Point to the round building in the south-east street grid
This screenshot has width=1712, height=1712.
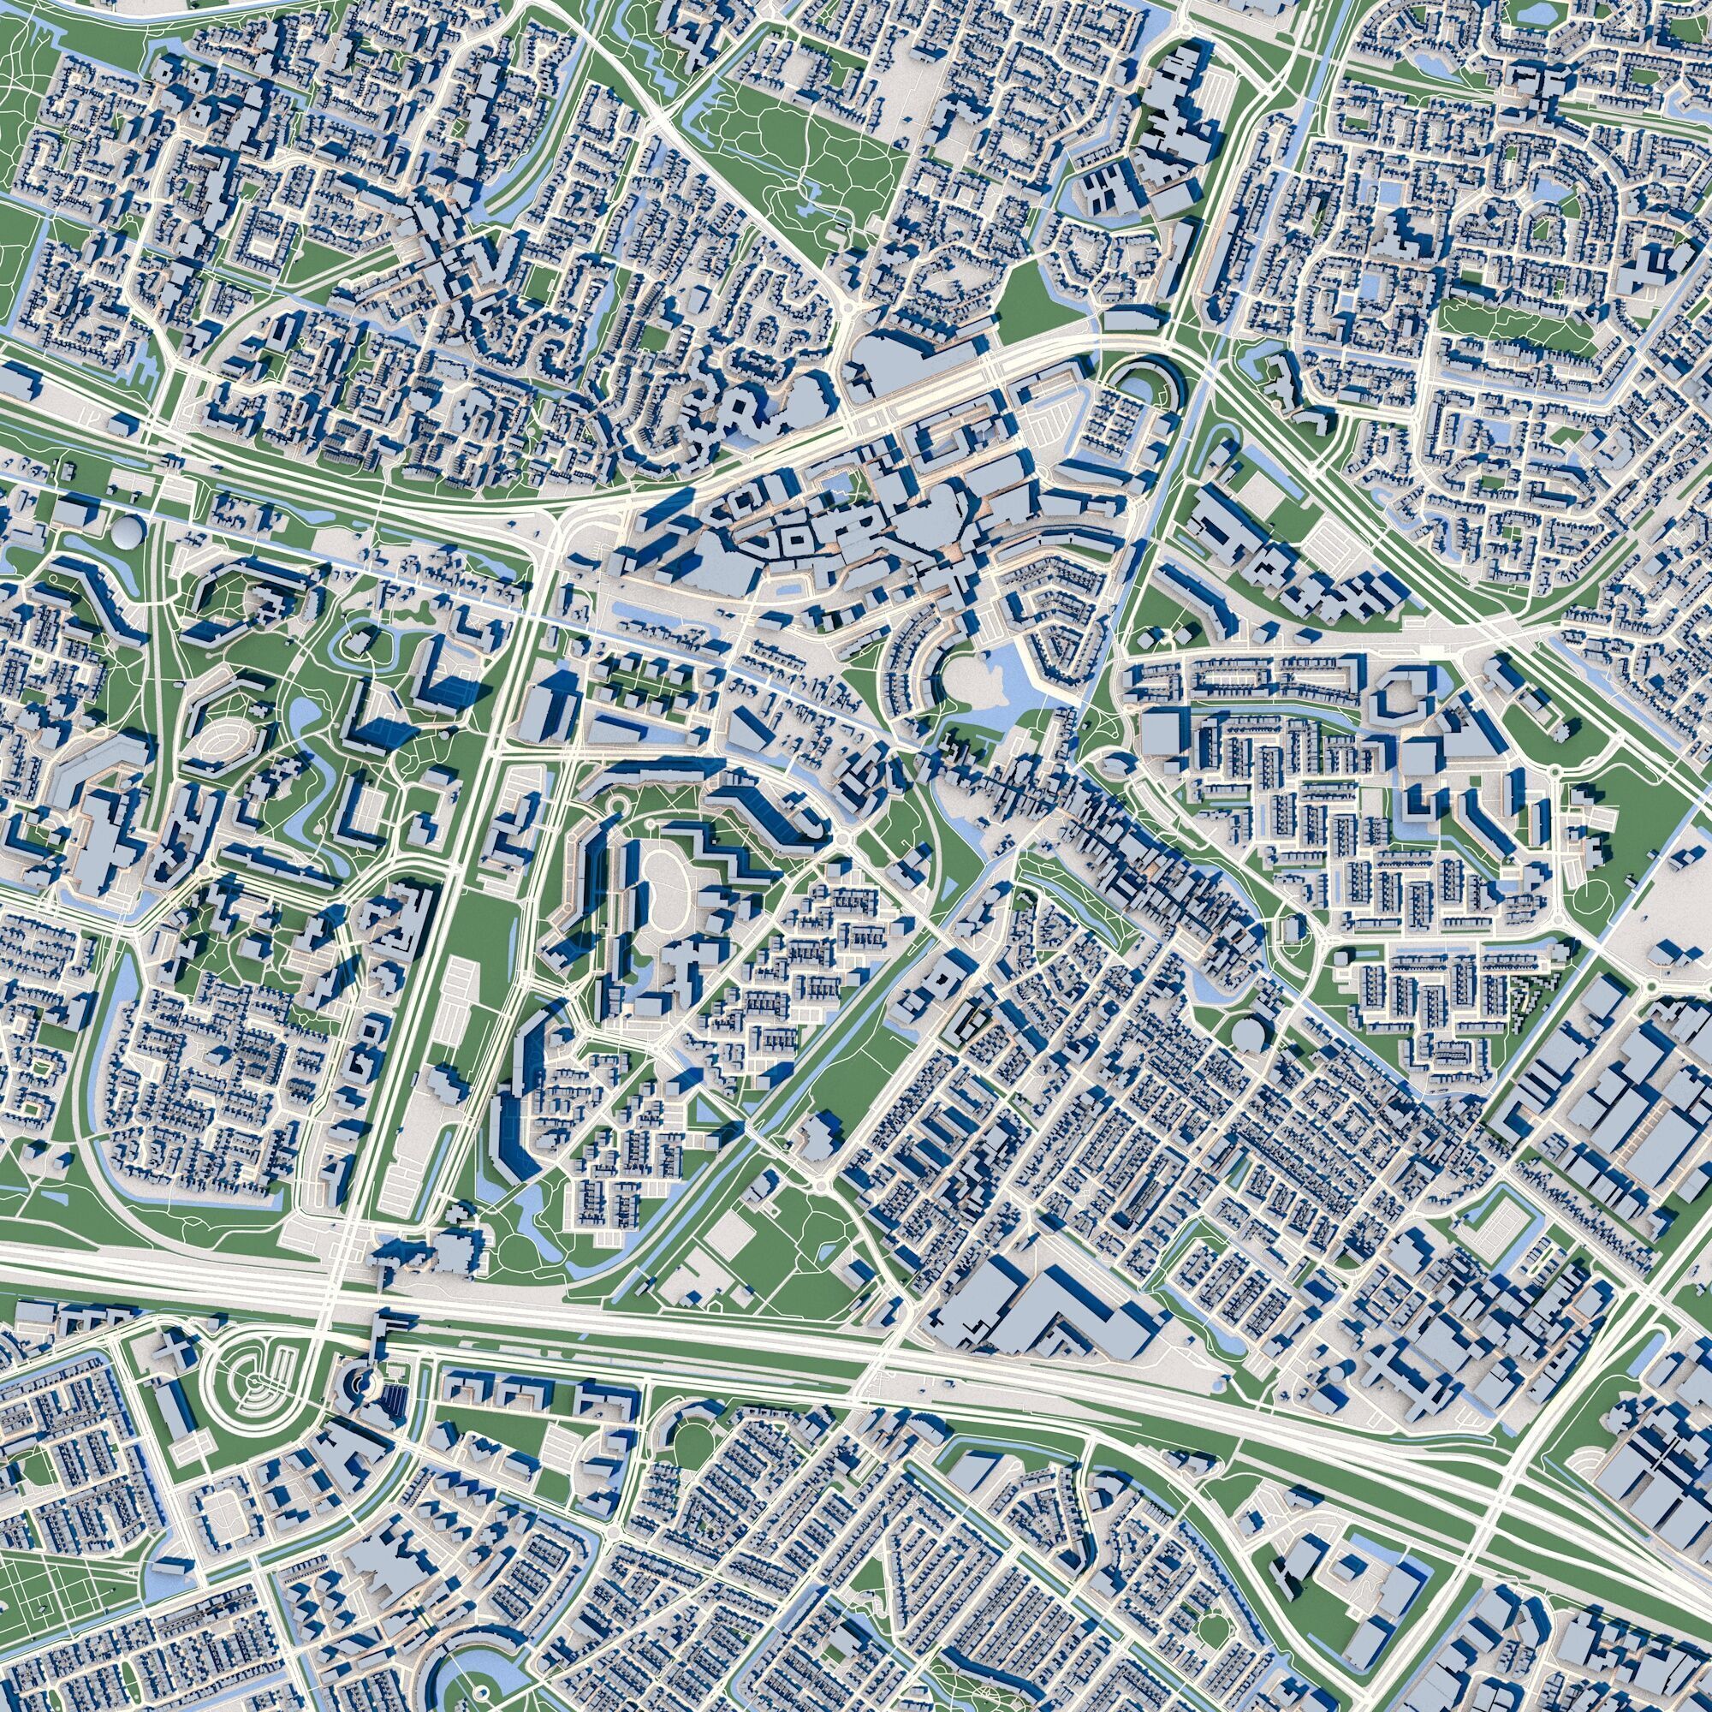tap(1249, 1033)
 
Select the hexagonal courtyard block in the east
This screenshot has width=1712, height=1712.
tap(1404, 695)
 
